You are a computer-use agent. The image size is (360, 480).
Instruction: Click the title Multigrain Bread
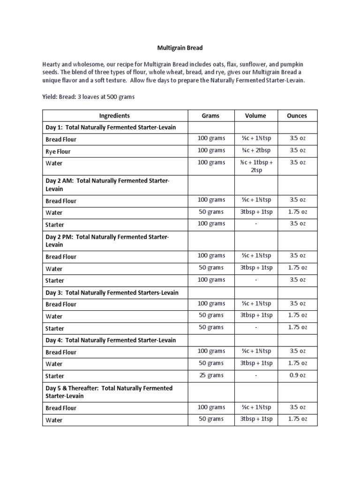click(180, 48)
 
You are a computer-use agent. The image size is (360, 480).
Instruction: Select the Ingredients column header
click(114, 116)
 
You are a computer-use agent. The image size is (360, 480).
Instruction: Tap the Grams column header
click(210, 116)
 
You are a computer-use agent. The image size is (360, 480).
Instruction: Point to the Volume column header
click(255, 116)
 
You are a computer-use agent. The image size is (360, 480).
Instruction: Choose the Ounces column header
click(297, 116)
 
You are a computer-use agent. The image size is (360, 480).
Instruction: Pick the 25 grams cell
click(211, 375)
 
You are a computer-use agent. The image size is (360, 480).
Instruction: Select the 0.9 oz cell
click(297, 375)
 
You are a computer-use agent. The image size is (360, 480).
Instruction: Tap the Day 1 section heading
click(110, 127)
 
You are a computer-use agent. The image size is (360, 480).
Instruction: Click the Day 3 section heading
click(112, 292)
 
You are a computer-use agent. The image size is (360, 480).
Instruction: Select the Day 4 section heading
click(110, 340)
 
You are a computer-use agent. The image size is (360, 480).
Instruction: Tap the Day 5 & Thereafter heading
click(109, 392)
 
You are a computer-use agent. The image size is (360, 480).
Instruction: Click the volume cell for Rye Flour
click(255, 150)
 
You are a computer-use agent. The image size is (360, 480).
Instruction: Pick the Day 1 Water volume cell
click(255, 166)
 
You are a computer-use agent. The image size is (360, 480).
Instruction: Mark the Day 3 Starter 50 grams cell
click(211, 328)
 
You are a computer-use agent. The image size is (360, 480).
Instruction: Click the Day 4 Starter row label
click(55, 376)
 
